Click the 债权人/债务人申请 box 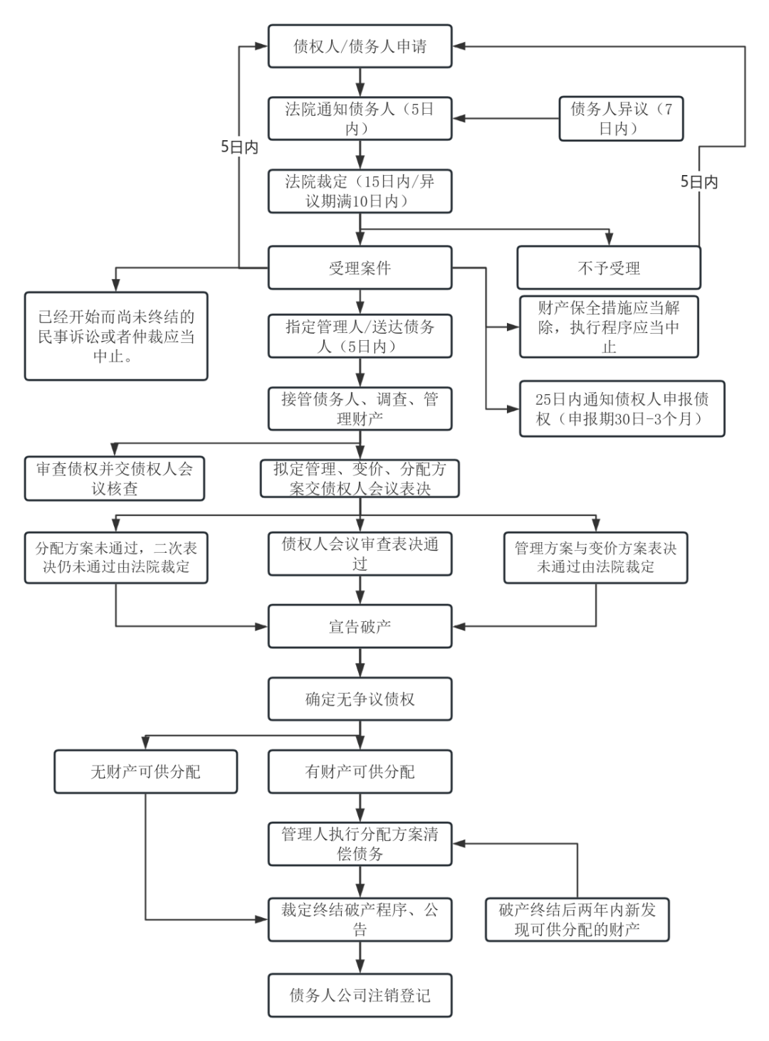(360, 47)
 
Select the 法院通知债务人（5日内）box (360, 119)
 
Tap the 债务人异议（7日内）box (620, 119)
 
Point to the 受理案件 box (360, 268)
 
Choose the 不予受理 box (608, 268)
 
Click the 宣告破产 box (360, 627)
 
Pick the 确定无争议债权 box (360, 699)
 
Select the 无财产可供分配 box (145, 772)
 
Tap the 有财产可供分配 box (360, 772)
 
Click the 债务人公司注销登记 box (360, 995)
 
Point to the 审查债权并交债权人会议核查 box (115, 479)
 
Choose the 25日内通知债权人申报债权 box (621, 408)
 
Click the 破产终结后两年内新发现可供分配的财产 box (577, 919)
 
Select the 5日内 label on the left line (239, 147)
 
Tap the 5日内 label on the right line (699, 182)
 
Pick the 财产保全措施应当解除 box (608, 327)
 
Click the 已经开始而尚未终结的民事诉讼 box (116, 337)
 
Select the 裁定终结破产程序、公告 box (360, 919)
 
